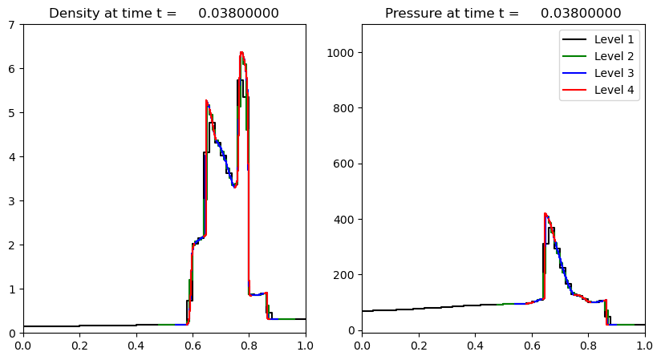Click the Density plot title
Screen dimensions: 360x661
click(164, 13)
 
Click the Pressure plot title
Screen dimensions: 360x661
click(503, 13)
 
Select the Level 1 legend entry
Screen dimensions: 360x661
click(614, 39)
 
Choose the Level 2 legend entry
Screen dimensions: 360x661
click(614, 56)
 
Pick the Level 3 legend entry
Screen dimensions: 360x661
click(614, 73)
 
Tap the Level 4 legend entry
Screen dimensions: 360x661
click(614, 90)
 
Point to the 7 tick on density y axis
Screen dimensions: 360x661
click(14, 25)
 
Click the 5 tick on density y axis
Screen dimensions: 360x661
click(14, 113)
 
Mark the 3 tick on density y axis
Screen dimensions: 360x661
click(14, 201)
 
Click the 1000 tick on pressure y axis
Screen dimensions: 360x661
click(343, 53)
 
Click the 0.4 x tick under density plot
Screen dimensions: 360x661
click(136, 346)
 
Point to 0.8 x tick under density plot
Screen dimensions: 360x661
click(249, 346)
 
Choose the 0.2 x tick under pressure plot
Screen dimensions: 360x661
click(419, 346)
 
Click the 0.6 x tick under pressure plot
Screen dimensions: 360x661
click(532, 346)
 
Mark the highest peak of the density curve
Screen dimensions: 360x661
click(241, 53)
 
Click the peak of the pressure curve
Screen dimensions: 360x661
click(545, 213)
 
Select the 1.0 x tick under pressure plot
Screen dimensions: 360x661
click(644, 346)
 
